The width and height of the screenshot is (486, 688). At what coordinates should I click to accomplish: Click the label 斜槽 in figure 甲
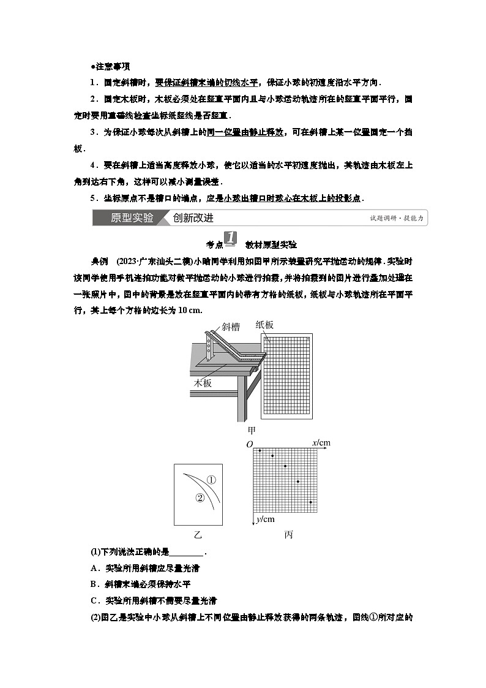click(231, 327)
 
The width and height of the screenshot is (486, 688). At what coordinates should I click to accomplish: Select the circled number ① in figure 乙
click(211, 480)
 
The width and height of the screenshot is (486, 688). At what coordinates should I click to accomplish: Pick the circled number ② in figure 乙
click(199, 497)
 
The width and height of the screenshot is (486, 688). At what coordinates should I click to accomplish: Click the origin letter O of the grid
click(249, 444)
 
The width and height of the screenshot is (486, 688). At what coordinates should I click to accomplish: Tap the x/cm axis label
click(321, 442)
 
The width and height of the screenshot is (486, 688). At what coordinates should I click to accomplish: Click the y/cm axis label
click(264, 520)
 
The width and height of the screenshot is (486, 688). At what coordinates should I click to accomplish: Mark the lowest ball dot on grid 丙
click(311, 502)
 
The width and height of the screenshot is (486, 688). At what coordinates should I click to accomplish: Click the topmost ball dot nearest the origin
click(260, 451)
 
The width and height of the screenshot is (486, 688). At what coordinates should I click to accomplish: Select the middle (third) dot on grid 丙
click(285, 466)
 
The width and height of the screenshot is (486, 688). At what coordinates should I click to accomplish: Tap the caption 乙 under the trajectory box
click(197, 534)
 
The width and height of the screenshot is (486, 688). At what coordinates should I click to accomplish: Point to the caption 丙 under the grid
click(288, 534)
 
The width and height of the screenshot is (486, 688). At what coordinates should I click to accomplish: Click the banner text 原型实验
click(132, 218)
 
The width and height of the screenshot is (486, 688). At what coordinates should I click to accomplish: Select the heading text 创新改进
click(193, 218)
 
